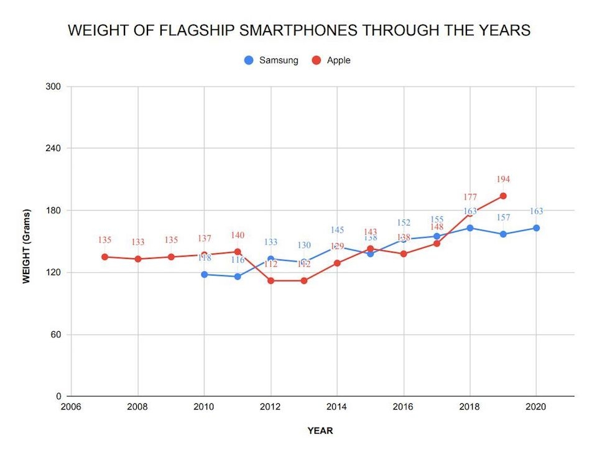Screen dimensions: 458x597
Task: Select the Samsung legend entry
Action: (x=271, y=60)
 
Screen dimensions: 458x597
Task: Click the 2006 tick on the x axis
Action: (x=71, y=407)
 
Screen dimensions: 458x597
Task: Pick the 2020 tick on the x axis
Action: (x=536, y=407)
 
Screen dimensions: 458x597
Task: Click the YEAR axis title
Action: (x=320, y=431)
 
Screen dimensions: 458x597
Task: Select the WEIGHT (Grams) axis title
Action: (x=26, y=241)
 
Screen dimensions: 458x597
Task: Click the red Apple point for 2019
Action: (x=503, y=196)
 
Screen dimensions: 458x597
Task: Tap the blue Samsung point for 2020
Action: (x=536, y=228)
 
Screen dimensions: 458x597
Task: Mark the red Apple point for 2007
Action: (x=104, y=257)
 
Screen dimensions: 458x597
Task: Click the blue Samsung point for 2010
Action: (x=204, y=274)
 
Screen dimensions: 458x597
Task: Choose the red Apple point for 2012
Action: (x=271, y=280)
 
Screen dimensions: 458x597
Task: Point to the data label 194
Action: (x=503, y=180)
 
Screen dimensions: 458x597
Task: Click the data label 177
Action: (x=470, y=197)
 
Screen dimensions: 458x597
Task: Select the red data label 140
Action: (x=238, y=236)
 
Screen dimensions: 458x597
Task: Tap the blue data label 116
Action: (x=238, y=260)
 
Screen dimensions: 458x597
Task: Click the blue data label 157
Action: (x=503, y=218)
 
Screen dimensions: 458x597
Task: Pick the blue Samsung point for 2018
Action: (x=470, y=228)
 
